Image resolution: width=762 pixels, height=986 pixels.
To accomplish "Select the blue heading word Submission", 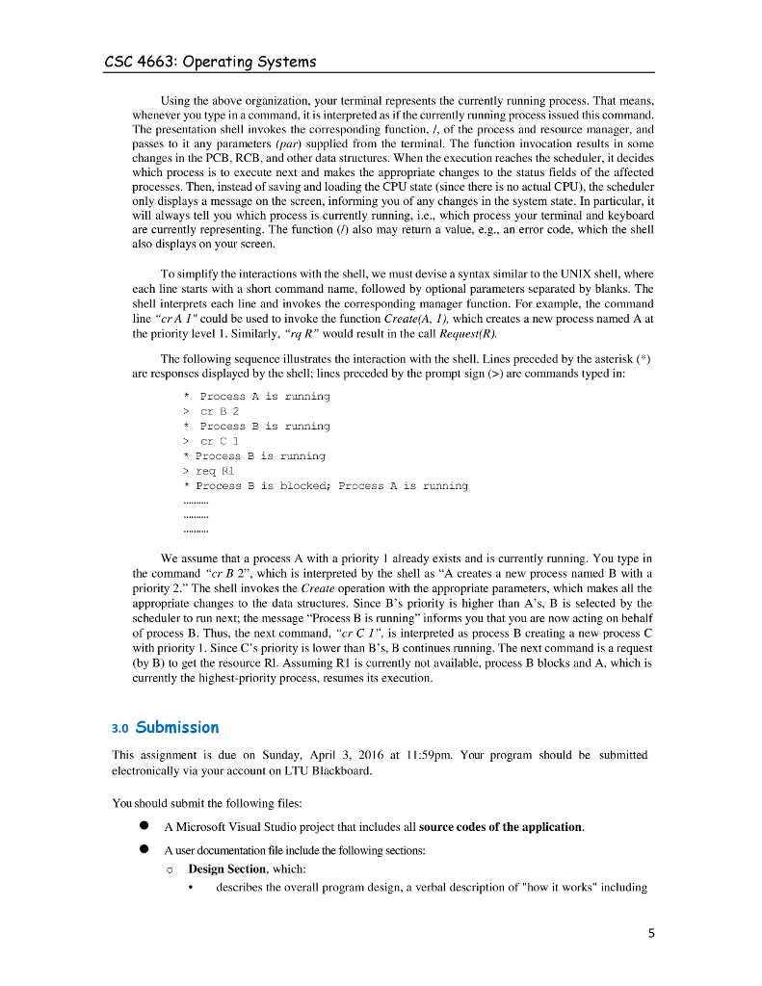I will click(177, 727).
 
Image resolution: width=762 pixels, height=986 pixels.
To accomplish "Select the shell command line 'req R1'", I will click(214, 471).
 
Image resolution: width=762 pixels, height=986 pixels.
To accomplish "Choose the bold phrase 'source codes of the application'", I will click(500, 826).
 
